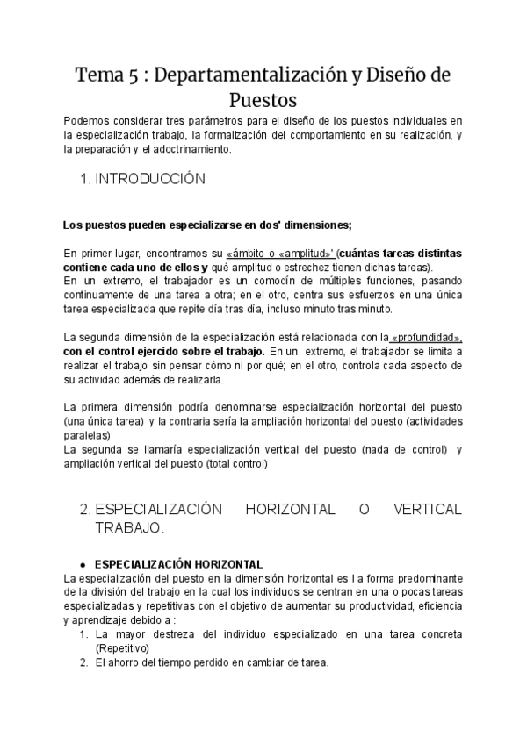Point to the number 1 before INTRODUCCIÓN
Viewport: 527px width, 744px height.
pos(83,179)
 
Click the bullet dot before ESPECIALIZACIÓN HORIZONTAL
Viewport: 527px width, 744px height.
pos(82,564)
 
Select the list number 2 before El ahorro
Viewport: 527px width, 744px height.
pos(83,662)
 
